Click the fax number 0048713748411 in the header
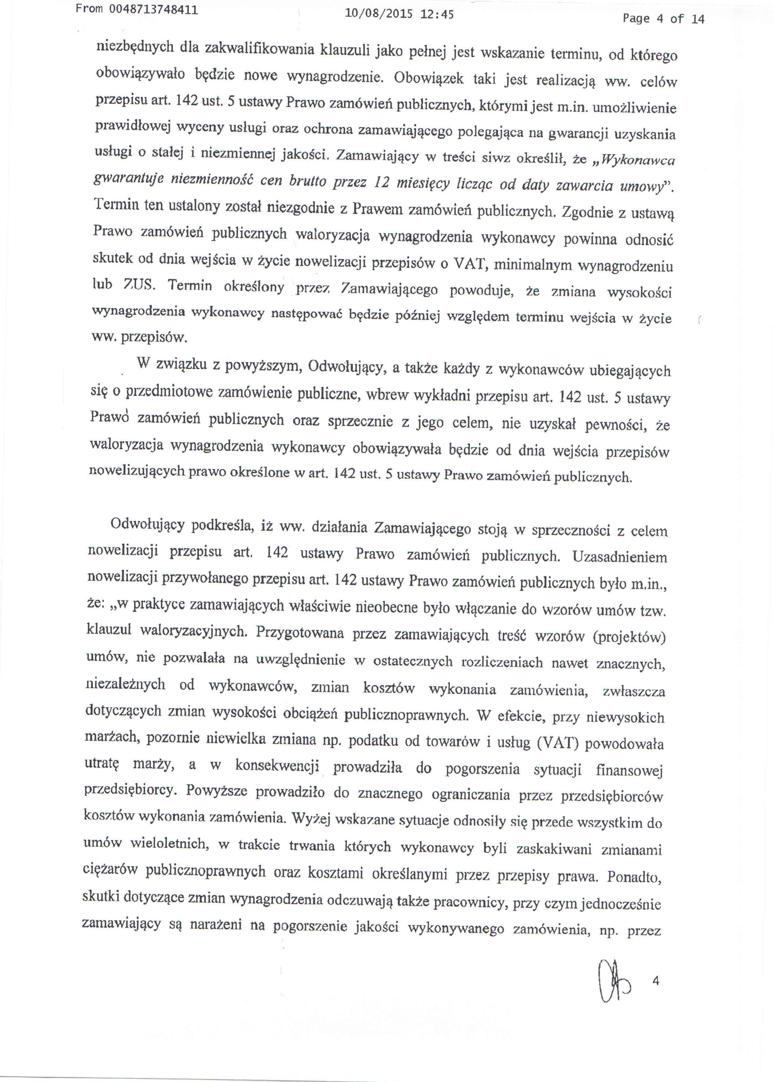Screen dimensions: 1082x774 click(153, 10)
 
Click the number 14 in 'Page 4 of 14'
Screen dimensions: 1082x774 click(697, 19)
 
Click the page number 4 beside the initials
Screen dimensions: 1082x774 click(656, 981)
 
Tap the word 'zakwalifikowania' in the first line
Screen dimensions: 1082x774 click(259, 49)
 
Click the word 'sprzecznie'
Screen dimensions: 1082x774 click(360, 421)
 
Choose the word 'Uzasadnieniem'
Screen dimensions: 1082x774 click(620, 557)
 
